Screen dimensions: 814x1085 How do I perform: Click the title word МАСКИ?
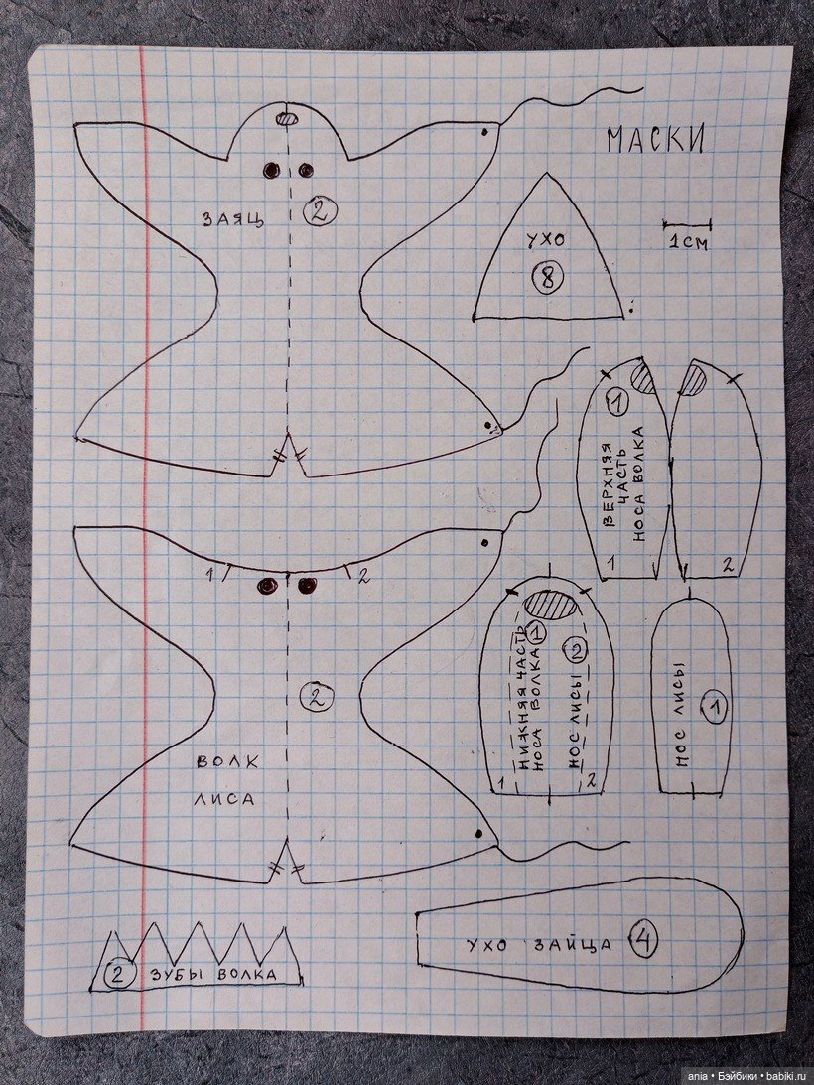click(656, 140)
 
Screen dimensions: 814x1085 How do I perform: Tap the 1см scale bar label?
click(688, 243)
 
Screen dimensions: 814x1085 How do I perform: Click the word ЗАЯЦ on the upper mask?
click(232, 219)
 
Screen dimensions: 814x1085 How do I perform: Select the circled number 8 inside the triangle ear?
click(548, 278)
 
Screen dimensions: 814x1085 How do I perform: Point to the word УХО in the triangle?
click(545, 241)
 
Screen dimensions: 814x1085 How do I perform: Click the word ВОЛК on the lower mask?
click(227, 761)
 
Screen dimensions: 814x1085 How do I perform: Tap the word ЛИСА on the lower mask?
click(223, 799)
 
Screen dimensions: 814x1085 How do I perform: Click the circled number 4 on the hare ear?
click(643, 942)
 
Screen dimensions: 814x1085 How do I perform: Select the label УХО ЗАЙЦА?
click(539, 945)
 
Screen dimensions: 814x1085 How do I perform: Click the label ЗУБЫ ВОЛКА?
click(213, 975)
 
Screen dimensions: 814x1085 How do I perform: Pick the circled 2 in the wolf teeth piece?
click(118, 974)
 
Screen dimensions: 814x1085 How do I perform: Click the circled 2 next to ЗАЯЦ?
click(319, 211)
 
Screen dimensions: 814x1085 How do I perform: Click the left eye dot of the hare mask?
click(271, 170)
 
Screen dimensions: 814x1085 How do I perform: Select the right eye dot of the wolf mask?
click(307, 586)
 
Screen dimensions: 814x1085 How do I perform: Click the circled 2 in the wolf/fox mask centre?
click(316, 697)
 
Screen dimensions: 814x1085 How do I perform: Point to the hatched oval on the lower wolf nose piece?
click(551, 604)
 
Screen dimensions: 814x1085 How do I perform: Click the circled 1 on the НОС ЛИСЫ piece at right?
click(715, 707)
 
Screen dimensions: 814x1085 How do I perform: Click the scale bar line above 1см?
click(687, 225)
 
